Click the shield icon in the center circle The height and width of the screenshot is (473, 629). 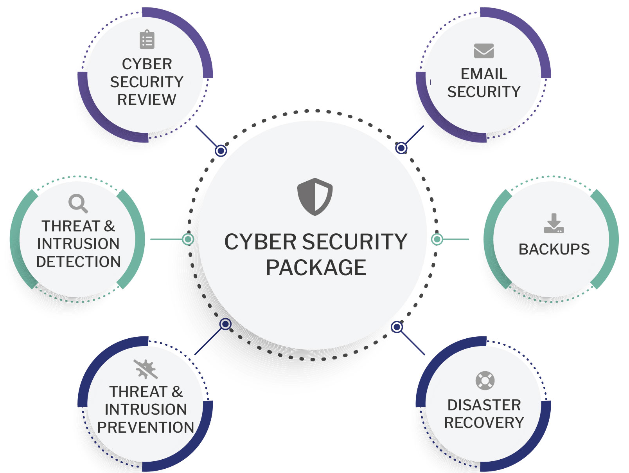(315, 197)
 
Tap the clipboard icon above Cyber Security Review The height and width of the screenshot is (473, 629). (147, 40)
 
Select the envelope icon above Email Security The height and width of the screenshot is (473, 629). (484, 51)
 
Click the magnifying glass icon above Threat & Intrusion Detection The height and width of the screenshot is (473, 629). (78, 203)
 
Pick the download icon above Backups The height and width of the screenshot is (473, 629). (554, 224)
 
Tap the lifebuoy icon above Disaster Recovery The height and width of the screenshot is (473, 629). (485, 380)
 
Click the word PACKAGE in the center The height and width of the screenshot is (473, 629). (316, 268)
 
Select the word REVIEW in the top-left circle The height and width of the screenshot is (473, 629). (147, 100)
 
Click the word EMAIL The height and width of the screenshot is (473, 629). (484, 74)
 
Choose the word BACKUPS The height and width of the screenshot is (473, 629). (554, 249)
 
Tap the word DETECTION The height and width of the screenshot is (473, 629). (78, 262)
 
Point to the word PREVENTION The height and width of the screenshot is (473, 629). (146, 427)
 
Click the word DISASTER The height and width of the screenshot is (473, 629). (484, 405)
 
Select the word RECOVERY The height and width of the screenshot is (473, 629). (484, 423)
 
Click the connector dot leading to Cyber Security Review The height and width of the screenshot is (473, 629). (221, 150)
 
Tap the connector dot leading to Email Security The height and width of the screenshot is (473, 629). (401, 148)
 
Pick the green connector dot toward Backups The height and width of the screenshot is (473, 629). (437, 239)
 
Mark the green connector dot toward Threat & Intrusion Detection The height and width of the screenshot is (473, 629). (188, 239)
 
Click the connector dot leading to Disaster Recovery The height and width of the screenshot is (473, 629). (397, 327)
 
